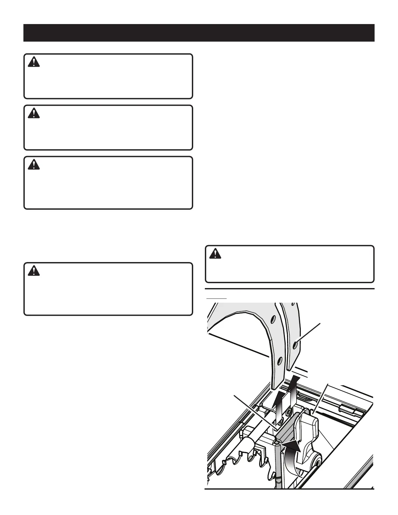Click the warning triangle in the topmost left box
point(33,62)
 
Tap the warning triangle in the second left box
point(33,113)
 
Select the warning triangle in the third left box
point(33,165)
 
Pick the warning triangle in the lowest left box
point(33,271)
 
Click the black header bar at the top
point(199,33)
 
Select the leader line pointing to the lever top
point(320,400)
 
